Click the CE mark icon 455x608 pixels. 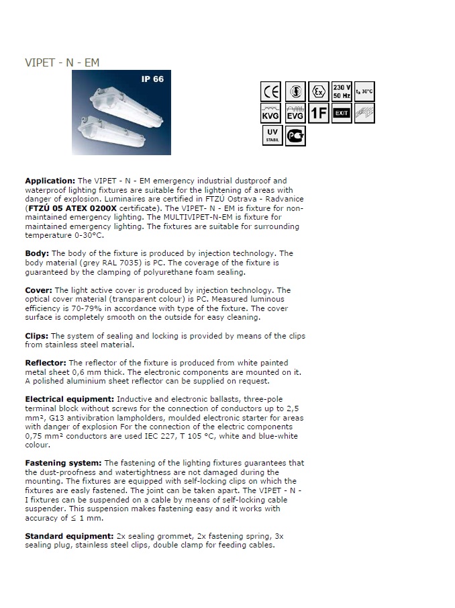coord(271,91)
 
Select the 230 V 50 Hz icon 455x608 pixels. coord(342,91)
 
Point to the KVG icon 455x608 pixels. coord(271,113)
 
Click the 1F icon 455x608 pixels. coord(319,113)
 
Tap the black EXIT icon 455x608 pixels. coord(342,113)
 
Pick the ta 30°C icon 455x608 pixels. coord(365,91)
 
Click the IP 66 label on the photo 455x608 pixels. coord(152,79)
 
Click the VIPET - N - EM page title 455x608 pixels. coord(62,62)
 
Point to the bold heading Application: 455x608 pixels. coord(50,181)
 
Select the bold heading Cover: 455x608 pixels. coord(38,290)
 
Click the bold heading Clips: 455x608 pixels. coord(36,335)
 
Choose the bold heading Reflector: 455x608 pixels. coord(45,363)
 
